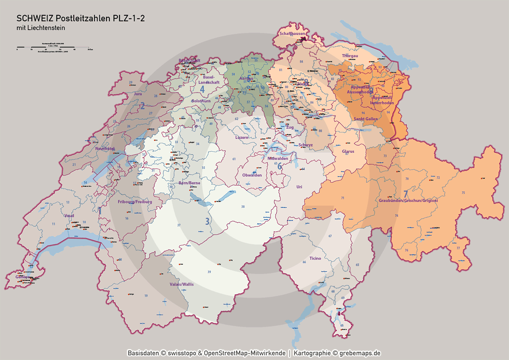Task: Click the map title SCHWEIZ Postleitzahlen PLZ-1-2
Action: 80,18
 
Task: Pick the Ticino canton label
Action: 315,258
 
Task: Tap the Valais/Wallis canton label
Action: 182,284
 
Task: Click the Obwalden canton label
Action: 252,175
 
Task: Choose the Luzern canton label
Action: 242,137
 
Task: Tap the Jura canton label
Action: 138,93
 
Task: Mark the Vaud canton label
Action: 69,215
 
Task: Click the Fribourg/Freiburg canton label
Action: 135,202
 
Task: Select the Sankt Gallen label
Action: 365,119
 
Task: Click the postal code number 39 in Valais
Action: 209,271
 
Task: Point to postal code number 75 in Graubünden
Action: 463,193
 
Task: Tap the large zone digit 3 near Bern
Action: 207,221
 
